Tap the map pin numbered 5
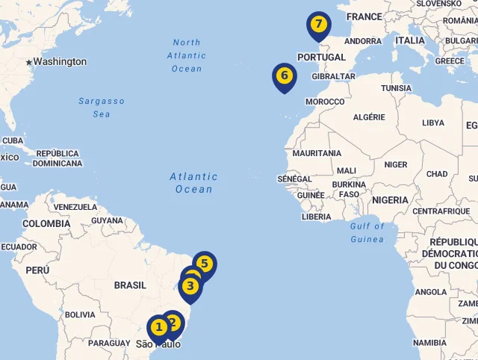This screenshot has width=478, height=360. [204, 264]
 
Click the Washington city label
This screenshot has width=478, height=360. [60, 62]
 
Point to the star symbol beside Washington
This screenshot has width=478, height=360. [29, 62]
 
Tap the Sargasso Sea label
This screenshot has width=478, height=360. [102, 108]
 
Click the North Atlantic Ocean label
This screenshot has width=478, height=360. [187, 55]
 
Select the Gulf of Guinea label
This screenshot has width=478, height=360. [367, 232]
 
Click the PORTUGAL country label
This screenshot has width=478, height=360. [322, 58]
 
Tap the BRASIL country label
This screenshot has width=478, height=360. [130, 285]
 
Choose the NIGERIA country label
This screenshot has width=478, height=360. [390, 200]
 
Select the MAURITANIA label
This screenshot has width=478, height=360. [317, 153]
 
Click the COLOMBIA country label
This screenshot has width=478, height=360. [46, 224]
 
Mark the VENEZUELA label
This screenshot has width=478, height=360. [75, 207]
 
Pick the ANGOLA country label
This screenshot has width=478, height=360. [431, 292]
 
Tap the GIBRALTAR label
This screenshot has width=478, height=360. [333, 76]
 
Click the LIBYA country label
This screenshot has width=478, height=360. [432, 123]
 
